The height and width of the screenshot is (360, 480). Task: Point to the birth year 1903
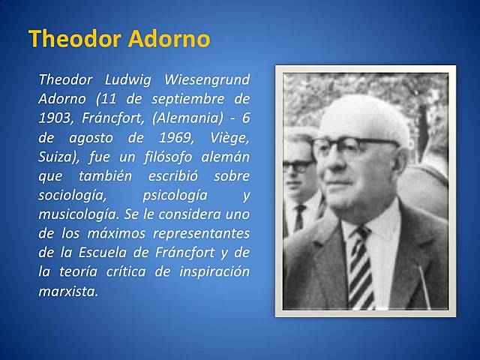[55, 118]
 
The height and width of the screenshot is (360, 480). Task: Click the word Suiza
[55, 157]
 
